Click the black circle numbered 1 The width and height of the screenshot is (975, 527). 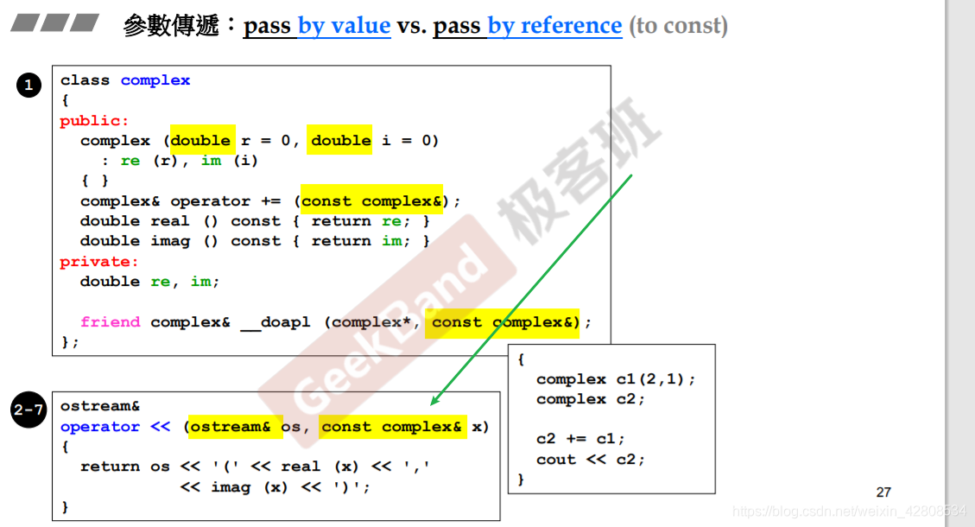click(28, 85)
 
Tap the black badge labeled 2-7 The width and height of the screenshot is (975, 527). click(28, 411)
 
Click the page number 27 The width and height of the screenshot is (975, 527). click(883, 492)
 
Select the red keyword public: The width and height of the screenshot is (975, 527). click(94, 121)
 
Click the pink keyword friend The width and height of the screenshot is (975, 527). click(110, 322)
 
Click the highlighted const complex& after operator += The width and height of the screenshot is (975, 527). click(371, 201)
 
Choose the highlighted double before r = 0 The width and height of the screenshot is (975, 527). click(200, 141)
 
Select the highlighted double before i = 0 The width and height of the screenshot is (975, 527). click(341, 141)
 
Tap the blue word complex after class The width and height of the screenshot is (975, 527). click(155, 80)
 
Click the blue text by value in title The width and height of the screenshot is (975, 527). click(344, 26)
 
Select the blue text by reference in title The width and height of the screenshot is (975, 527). click(554, 26)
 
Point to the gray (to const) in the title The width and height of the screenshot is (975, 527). click(678, 26)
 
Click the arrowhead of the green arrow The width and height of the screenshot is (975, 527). click(434, 402)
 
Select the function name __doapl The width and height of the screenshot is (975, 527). click(275, 322)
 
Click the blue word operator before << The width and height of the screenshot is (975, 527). click(100, 427)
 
